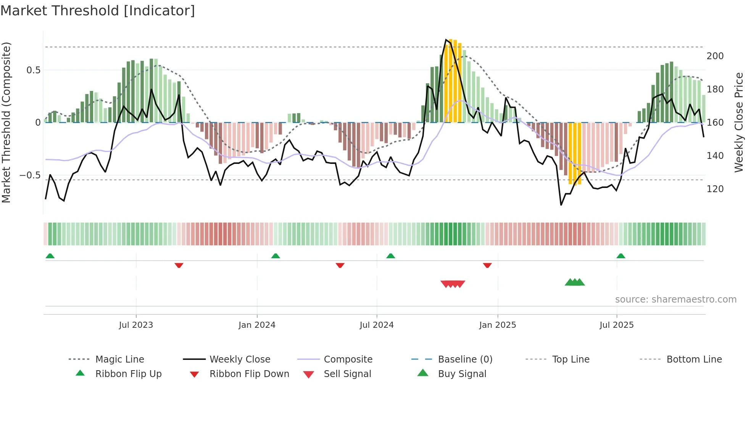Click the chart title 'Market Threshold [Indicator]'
tap(98, 11)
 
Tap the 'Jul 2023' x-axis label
tap(136, 325)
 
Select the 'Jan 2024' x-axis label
tap(257, 325)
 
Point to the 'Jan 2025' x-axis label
tap(497, 325)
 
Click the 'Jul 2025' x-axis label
tap(616, 325)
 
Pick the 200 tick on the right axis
tap(715, 56)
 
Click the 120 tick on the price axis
tap(715, 189)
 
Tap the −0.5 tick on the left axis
tap(30, 175)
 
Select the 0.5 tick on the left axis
tap(33, 70)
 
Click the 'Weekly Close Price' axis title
tap(739, 122)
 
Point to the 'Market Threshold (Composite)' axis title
tap(6, 122)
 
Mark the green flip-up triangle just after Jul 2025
tap(621, 256)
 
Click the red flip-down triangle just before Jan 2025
tap(487, 265)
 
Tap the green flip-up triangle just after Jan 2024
tap(276, 256)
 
